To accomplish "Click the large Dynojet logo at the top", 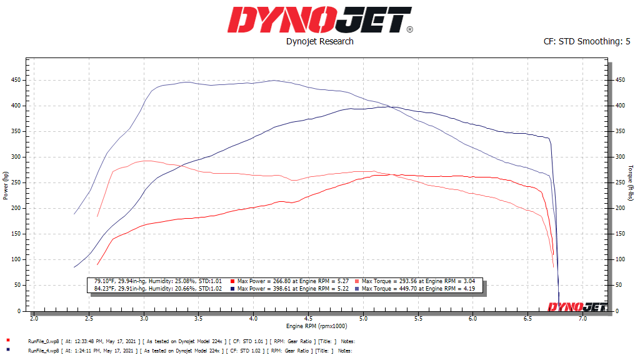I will (x=319, y=20).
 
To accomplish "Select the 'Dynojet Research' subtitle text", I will (x=319, y=41).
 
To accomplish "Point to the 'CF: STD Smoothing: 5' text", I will (x=587, y=41).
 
